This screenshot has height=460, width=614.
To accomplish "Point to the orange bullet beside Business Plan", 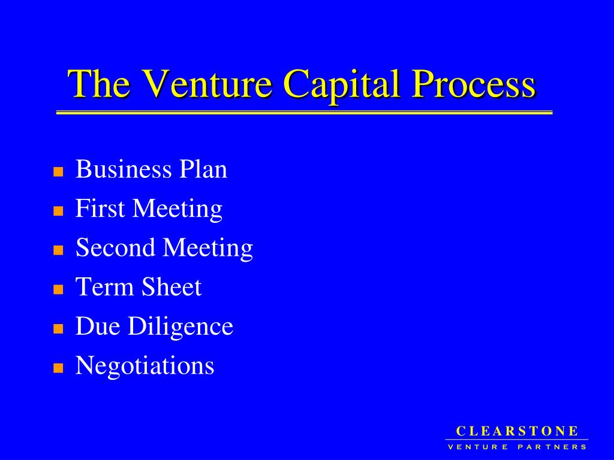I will tap(58, 172).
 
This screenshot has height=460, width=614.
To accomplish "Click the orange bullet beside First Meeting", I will tap(58, 211).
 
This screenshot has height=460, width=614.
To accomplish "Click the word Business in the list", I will tap(123, 170).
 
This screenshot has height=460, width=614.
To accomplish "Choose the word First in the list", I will tap(100, 208).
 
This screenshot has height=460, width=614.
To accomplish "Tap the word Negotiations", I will tap(145, 365).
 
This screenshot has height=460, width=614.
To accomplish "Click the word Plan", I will tap(203, 170).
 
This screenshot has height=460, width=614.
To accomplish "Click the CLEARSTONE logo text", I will tap(517, 431).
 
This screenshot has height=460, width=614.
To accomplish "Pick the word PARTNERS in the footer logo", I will tap(552, 447).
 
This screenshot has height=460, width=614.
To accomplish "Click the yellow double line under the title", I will tap(304, 113).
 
